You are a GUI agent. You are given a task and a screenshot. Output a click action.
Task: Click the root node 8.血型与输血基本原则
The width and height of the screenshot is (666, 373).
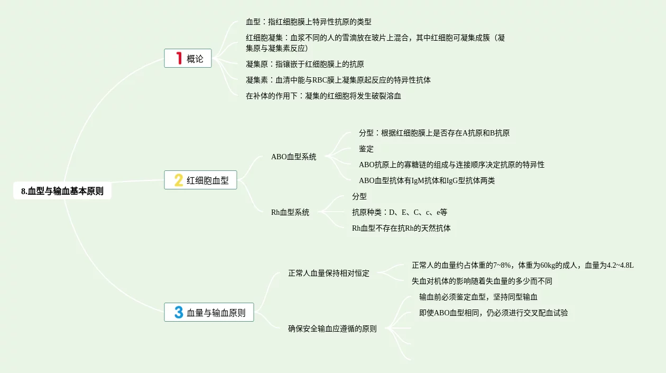[x=62, y=191]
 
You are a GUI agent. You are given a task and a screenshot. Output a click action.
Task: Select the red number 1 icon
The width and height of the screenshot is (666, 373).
[x=179, y=58]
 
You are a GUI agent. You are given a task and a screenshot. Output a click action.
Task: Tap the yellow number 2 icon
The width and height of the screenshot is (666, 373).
[x=179, y=180]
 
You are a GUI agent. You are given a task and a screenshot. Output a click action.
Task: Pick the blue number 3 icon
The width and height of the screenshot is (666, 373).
[x=179, y=312]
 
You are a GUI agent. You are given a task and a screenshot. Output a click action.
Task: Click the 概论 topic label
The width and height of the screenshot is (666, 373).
[x=195, y=59]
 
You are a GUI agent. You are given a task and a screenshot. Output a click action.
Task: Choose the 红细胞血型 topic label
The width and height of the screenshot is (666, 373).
[x=208, y=180]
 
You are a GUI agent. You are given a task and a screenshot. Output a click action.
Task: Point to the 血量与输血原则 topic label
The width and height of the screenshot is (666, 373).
[x=216, y=313]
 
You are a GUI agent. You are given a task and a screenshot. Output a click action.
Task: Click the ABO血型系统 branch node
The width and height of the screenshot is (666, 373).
[x=293, y=157]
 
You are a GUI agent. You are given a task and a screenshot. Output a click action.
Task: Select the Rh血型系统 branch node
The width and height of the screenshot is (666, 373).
[x=290, y=212]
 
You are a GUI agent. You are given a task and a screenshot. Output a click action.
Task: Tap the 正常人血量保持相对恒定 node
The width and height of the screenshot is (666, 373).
[x=328, y=274]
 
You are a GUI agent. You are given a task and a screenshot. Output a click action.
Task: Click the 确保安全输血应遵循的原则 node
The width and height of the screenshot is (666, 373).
[x=332, y=329]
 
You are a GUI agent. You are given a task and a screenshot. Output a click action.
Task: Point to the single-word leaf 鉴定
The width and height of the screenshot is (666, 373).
[x=366, y=149]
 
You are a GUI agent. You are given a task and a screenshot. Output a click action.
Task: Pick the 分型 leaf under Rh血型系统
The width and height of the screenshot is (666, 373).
[x=359, y=196]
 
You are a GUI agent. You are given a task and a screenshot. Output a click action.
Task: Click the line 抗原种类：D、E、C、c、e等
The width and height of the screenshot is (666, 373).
[x=400, y=212]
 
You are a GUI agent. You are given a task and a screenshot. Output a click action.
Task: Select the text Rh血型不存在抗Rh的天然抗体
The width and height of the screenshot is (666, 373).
[x=401, y=228]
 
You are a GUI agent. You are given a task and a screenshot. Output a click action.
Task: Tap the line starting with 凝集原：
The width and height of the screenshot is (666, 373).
[x=304, y=64]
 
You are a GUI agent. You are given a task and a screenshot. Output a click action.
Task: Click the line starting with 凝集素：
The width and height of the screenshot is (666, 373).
[x=338, y=80]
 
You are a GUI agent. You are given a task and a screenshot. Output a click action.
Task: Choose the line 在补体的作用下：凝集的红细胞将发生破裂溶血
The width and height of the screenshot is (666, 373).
[x=323, y=96]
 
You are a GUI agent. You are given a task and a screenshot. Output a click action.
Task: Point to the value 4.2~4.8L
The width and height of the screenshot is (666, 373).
[x=621, y=265]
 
